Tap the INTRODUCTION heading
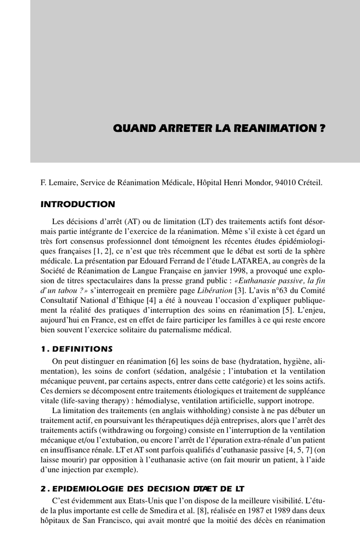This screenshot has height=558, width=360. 78,204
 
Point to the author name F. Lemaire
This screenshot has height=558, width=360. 58,183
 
